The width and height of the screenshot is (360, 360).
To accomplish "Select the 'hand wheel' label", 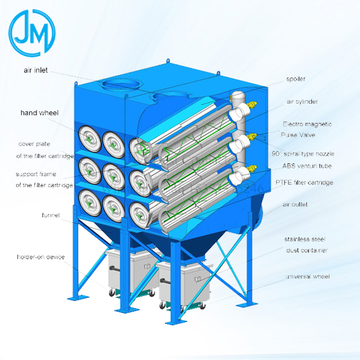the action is pos(39,112).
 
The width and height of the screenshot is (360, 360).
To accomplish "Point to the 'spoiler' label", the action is pos(296,79).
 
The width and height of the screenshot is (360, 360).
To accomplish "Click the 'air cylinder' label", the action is pos(302,102).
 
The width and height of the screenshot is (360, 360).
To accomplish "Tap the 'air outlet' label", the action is pos(295,205).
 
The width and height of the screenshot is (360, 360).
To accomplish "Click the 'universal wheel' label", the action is pos(307,276).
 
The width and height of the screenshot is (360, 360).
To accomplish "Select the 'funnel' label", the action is pos(50,214).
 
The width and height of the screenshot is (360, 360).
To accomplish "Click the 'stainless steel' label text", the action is pos(305,239).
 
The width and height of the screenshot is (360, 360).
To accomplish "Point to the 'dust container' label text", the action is pos(307,250).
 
